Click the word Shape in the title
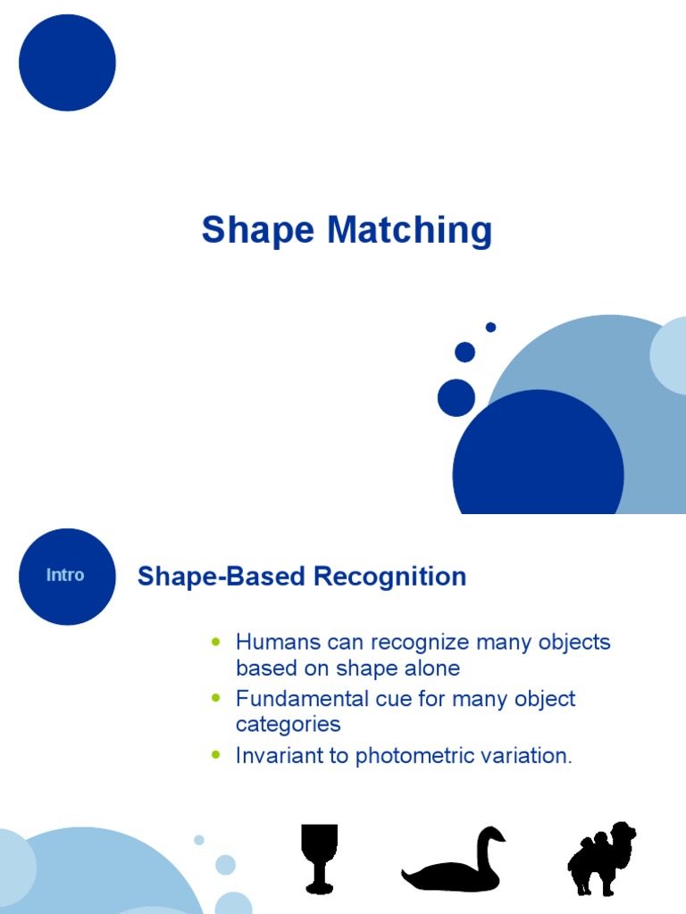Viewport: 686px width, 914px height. [x=258, y=230]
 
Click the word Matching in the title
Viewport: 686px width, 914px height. [x=409, y=230]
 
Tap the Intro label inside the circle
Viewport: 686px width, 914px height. [x=65, y=576]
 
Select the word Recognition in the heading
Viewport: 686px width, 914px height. [x=389, y=577]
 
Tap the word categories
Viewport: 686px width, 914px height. [x=289, y=725]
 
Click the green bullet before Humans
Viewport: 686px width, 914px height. [x=216, y=642]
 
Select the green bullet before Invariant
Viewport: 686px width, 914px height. [x=216, y=755]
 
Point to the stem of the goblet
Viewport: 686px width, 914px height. [x=319, y=872]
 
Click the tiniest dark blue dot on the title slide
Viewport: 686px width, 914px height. [x=490, y=327]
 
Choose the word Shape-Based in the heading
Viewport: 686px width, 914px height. [x=222, y=577]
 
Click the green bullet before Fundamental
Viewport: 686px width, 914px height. [x=216, y=698]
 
